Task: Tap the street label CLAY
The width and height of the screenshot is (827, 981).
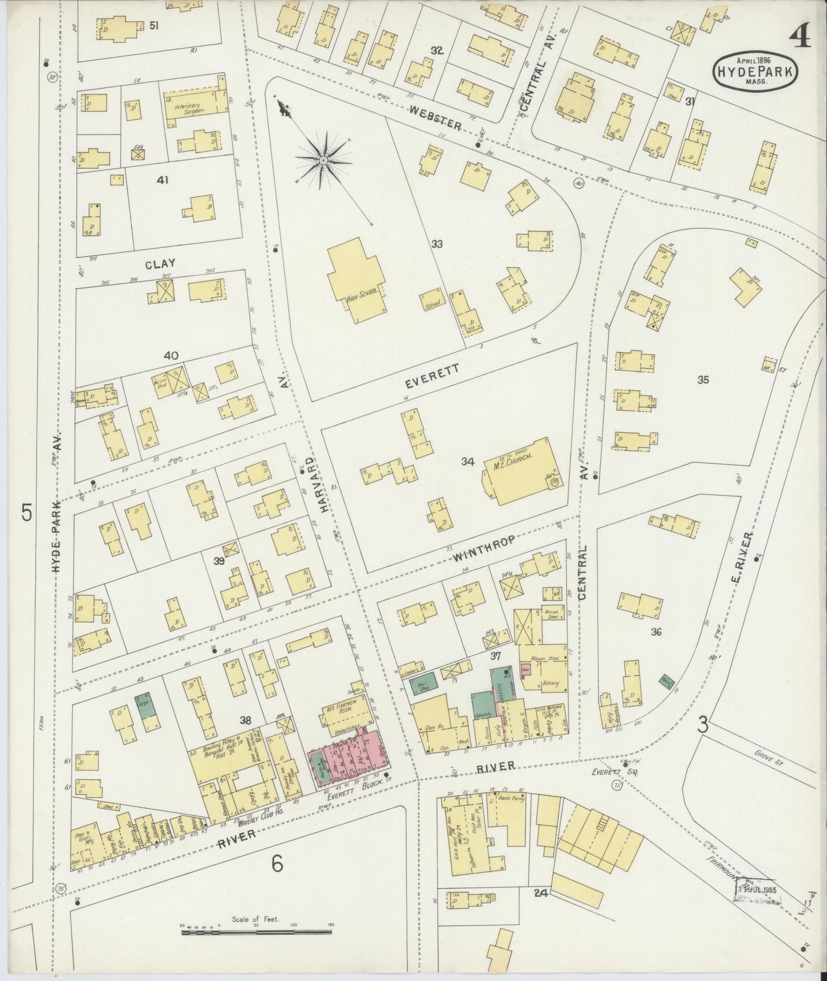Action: pyautogui.click(x=160, y=263)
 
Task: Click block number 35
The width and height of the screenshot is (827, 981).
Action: pyautogui.click(x=703, y=379)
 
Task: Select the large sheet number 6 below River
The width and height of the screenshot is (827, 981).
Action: pyautogui.click(x=277, y=864)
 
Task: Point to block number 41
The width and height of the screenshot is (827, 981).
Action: pyautogui.click(x=163, y=180)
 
